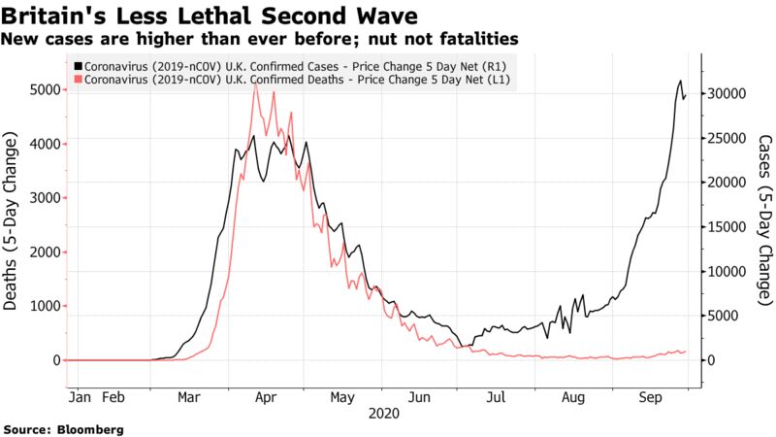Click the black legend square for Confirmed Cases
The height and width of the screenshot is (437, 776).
click(77, 64)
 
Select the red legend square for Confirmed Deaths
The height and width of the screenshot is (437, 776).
click(77, 78)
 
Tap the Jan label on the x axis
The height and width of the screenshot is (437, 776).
click(82, 398)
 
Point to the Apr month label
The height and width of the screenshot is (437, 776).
click(266, 398)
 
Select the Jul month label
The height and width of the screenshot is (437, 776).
click(496, 398)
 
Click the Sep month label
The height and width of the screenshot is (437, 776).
click(651, 398)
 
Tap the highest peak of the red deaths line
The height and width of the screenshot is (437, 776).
click(254, 84)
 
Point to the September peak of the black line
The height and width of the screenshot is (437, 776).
click(680, 81)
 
